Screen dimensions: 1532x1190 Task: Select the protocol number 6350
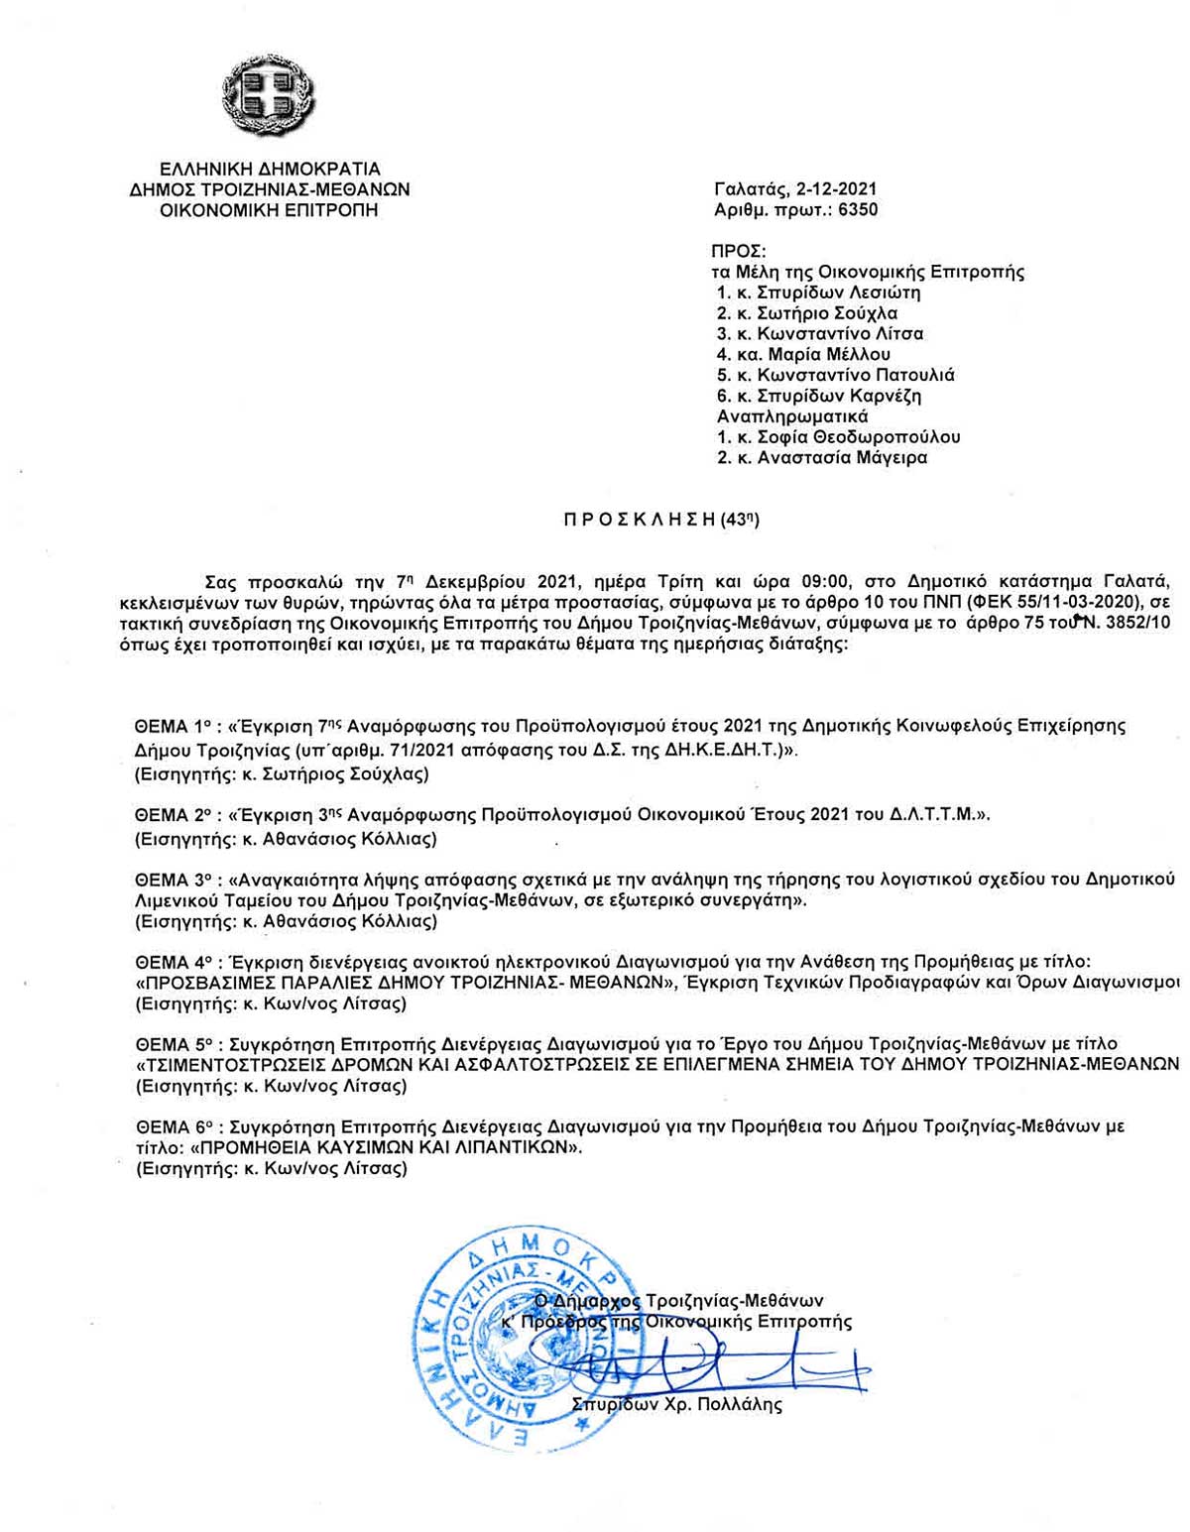pyautogui.click(x=858, y=210)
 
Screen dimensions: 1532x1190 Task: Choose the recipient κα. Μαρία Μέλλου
pyautogui.click(x=803, y=354)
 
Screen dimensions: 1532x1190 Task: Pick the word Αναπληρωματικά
pyautogui.click(x=792, y=416)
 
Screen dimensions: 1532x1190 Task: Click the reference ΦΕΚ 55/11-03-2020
pyautogui.click(x=1024, y=601)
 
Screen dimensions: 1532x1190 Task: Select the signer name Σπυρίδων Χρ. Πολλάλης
pyautogui.click(x=678, y=1405)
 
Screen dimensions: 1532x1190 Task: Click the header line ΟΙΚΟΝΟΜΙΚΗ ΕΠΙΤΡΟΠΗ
pyautogui.click(x=269, y=210)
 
